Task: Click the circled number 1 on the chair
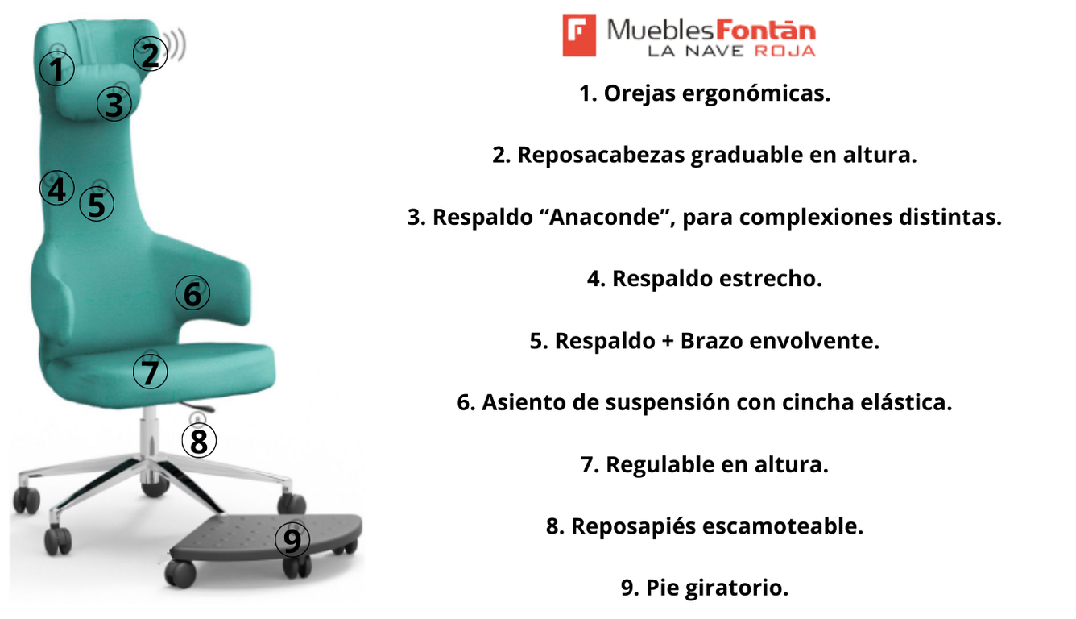(x=56, y=69)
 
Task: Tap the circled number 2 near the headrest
(x=150, y=54)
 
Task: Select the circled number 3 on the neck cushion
(x=114, y=104)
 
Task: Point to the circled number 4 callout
(x=56, y=188)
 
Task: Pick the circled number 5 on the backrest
(x=97, y=204)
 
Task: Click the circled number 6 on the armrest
(x=192, y=293)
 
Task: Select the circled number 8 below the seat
(x=199, y=441)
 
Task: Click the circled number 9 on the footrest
(x=292, y=540)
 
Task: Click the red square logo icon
(x=579, y=35)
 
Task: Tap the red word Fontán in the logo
(x=766, y=30)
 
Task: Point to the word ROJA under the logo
(x=785, y=51)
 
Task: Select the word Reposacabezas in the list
(x=601, y=156)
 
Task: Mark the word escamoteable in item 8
(x=783, y=526)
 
